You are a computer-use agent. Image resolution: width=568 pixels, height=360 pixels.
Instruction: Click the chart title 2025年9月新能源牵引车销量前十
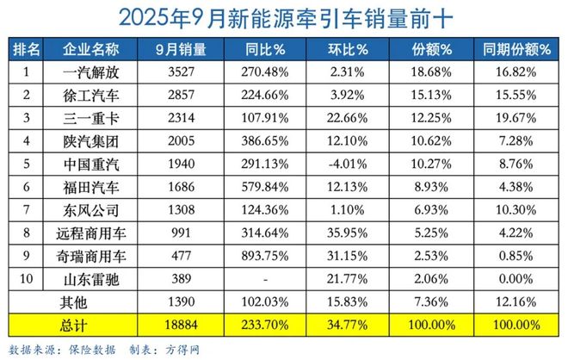coord(284,18)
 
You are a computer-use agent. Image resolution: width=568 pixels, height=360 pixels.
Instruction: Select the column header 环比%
coord(349,48)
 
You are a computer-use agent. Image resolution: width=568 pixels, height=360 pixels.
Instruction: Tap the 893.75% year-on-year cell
coord(262,255)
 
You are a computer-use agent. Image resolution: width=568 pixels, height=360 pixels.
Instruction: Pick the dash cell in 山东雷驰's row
coord(262,276)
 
